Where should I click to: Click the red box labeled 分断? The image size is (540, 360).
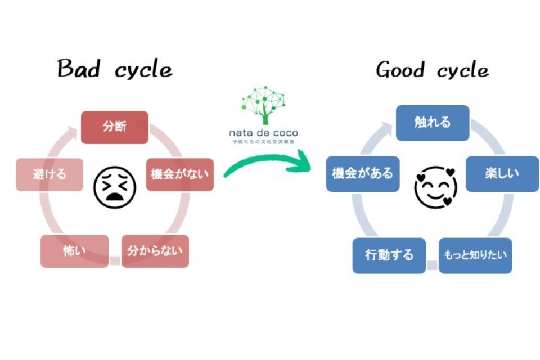click(x=115, y=127)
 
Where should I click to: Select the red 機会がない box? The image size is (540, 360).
click(x=180, y=174)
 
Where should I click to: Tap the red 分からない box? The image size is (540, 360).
click(x=155, y=250)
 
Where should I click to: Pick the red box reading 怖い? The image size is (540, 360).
click(x=74, y=250)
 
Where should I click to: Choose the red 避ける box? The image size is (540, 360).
click(x=49, y=174)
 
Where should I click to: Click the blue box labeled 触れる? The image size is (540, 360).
click(x=433, y=123)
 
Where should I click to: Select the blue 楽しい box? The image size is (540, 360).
click(x=502, y=173)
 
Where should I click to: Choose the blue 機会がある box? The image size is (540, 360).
click(x=363, y=173)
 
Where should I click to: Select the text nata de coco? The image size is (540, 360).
click(x=263, y=133)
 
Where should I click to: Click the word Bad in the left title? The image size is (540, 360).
click(x=79, y=69)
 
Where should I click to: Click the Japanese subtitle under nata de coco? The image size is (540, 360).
click(x=263, y=142)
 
